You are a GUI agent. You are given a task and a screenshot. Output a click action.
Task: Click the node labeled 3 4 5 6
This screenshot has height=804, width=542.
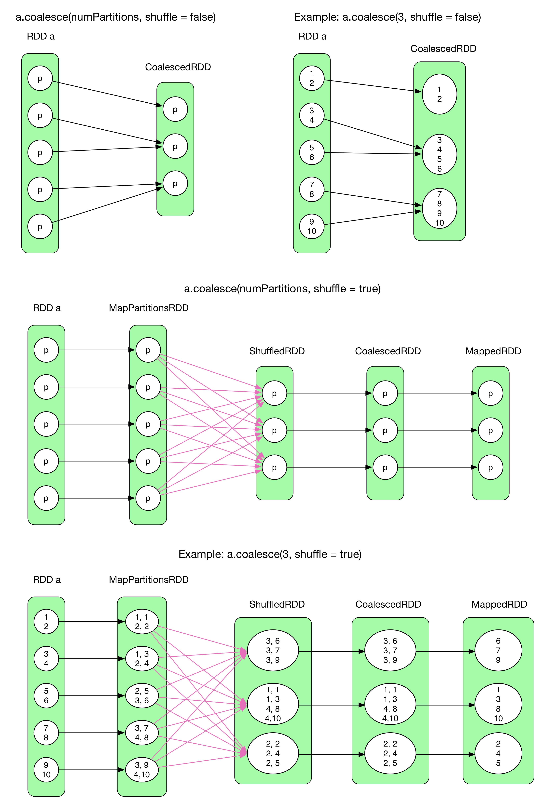pos(439,154)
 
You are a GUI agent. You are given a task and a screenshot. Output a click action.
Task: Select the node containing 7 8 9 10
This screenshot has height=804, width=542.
pos(439,208)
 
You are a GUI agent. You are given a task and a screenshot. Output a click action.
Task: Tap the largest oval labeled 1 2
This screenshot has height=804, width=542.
pos(439,94)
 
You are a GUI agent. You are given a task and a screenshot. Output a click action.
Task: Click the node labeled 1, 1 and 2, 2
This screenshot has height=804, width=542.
pos(142,622)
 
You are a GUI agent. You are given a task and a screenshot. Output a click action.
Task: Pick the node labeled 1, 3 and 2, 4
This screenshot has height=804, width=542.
pos(142,659)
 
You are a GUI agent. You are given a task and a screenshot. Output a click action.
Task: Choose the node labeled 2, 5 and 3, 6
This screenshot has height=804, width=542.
pos(142,695)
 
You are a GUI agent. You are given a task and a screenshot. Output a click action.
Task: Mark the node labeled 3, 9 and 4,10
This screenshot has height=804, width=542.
pos(142,770)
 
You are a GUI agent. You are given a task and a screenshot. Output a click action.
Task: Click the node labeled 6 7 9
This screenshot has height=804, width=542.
pos(498,650)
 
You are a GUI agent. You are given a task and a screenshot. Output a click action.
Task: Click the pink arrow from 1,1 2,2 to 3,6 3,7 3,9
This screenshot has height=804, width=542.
pos(200,638)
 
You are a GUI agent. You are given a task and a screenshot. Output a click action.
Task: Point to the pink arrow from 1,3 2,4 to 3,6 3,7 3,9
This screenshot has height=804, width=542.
pos(200,655)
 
